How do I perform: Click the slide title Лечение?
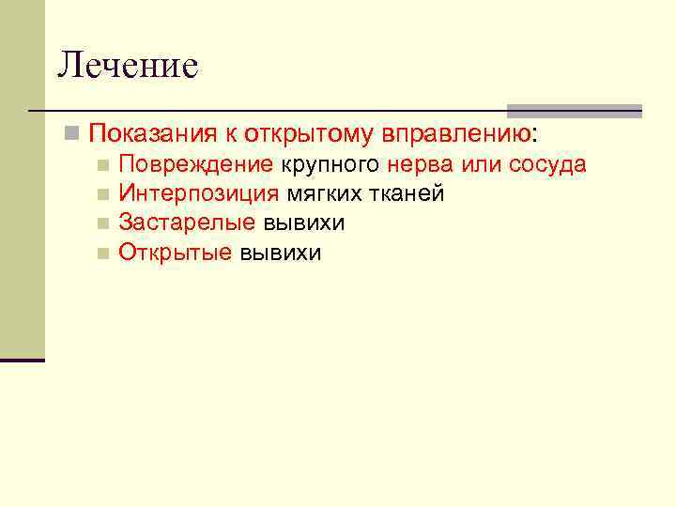[x=128, y=66]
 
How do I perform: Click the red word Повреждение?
[x=195, y=165]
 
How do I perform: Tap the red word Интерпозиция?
[x=198, y=194]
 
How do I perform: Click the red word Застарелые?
[x=187, y=223]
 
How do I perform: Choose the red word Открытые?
[x=175, y=253]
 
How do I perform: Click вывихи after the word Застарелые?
[x=304, y=223]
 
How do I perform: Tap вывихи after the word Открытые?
[x=281, y=253]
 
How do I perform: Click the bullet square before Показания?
[x=70, y=133]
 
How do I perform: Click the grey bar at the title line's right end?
[x=574, y=110]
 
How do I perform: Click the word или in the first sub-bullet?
[x=483, y=165]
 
